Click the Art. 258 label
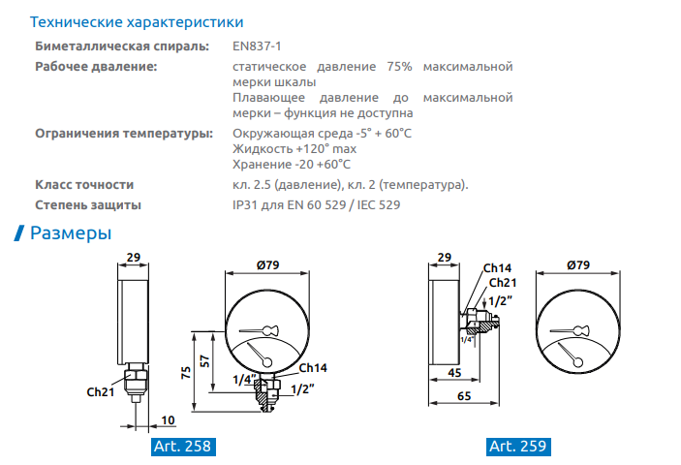tap(183, 447)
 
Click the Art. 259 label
tap(518, 447)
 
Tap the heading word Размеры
tap(71, 233)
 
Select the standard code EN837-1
tap(257, 46)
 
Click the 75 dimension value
tap(186, 373)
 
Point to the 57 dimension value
tap(204, 360)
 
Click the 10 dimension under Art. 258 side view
tap(168, 419)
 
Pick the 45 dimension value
tap(454, 373)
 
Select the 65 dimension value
tap(464, 396)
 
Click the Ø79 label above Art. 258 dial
tap(267, 264)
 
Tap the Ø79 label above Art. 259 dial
tap(578, 264)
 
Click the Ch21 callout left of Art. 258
tap(101, 392)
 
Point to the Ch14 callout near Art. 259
tap(497, 268)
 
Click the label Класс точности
tap(84, 184)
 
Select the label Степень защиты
tap(88, 205)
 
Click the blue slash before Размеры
tap(19, 233)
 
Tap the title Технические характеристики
tap(137, 22)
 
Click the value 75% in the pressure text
tap(399, 67)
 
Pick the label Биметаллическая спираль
tap(122, 46)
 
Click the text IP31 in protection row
tap(245, 205)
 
